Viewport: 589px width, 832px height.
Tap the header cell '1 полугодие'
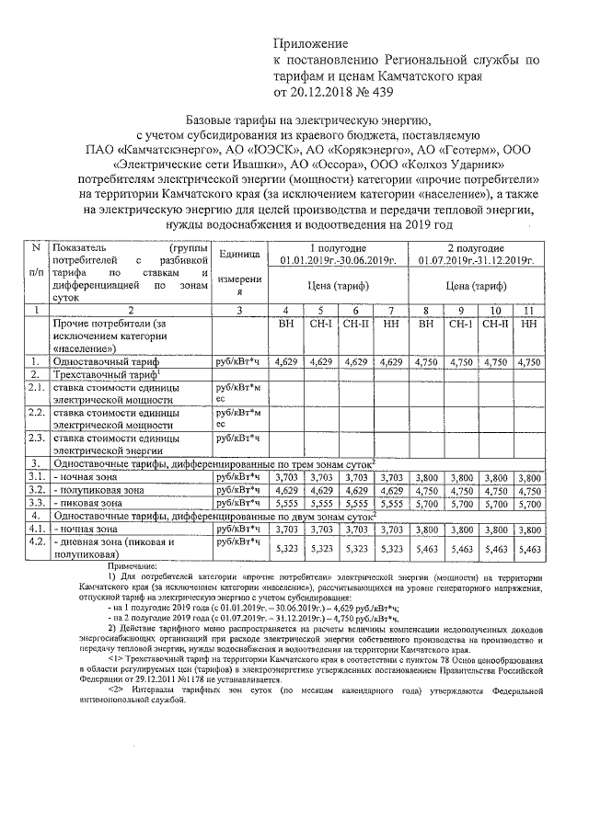pos(338,248)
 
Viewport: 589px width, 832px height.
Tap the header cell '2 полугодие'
pos(477,248)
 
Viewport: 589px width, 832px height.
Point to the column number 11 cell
pos(528,310)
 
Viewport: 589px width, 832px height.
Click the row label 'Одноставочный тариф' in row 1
pos(110,363)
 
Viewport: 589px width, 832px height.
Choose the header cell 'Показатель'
pos(80,248)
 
